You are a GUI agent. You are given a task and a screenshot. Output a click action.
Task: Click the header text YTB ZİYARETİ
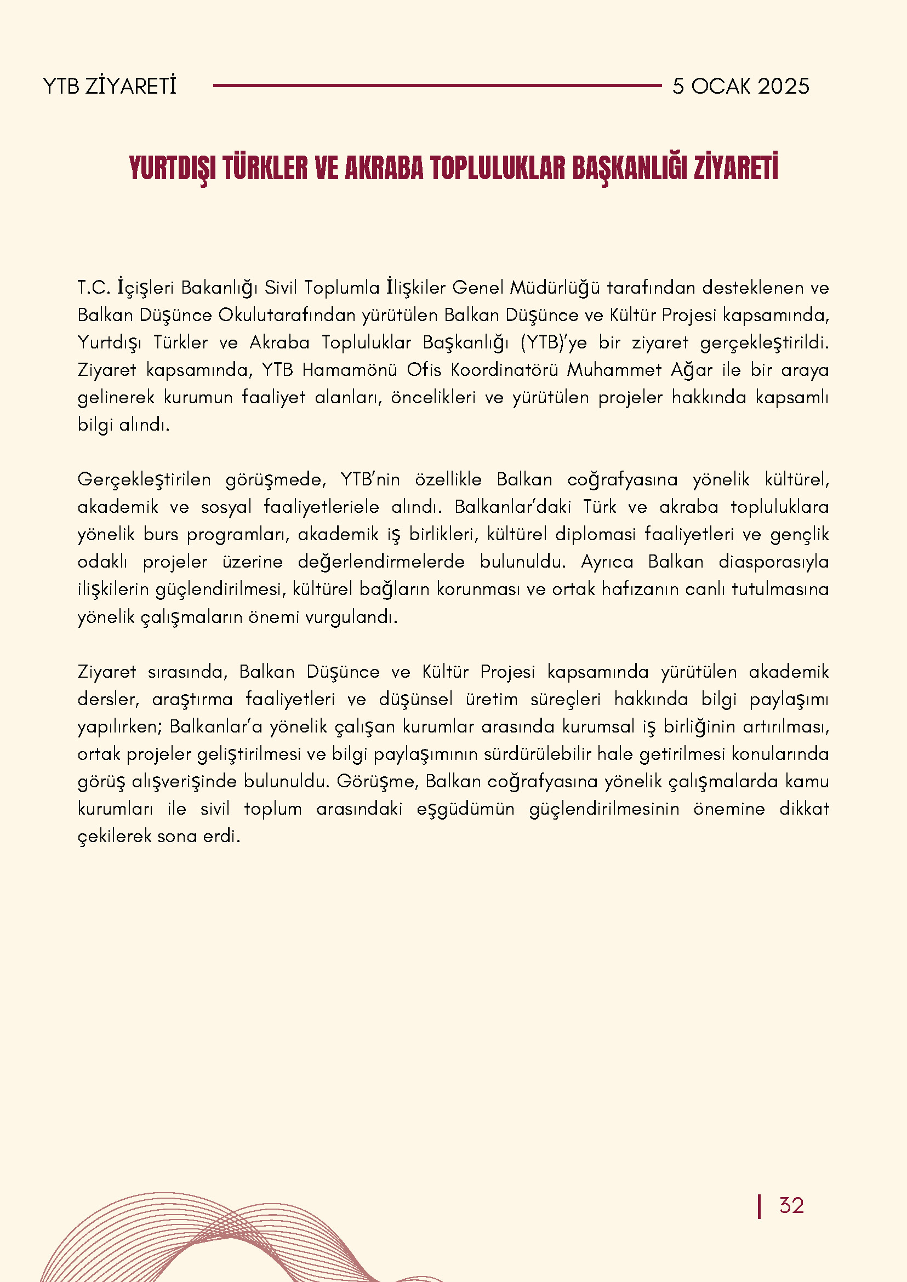pos(110,86)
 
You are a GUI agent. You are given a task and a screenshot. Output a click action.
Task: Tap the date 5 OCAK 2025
pos(740,86)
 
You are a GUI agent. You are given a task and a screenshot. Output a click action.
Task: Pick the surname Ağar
pos(692,370)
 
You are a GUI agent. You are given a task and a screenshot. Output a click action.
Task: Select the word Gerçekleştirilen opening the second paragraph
pos(144,479)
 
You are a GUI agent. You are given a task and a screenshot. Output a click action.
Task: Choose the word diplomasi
pos(595,534)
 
